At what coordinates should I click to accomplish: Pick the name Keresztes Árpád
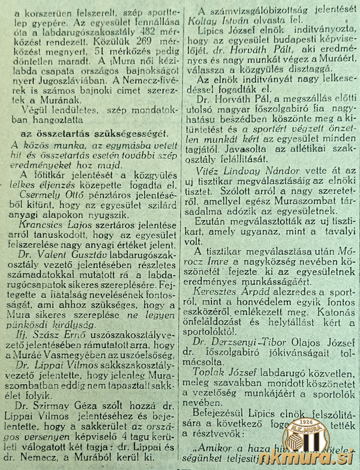(233, 292)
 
